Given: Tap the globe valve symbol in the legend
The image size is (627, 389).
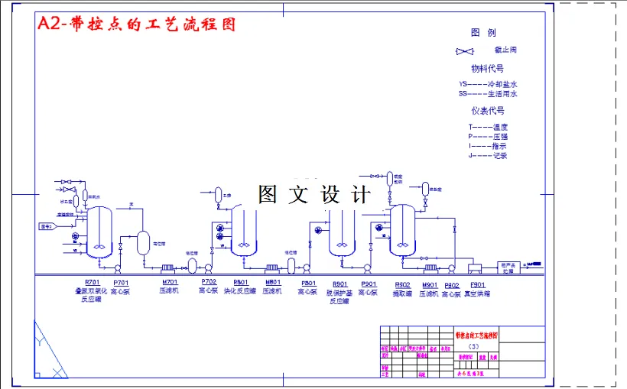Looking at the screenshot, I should (464, 51).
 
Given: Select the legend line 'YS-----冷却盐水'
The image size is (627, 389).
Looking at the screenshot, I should (488, 84).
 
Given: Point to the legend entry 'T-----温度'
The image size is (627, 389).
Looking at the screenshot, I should (488, 127).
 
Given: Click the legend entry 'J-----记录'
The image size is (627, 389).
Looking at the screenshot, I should (488, 155).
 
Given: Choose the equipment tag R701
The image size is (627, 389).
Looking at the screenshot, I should (92, 284).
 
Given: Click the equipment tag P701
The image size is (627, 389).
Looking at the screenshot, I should (121, 284).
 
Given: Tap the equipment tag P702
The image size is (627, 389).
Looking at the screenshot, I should (209, 283).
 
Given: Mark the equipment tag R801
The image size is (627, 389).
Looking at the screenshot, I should (240, 284).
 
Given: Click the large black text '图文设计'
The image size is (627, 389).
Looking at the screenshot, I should (314, 194).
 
